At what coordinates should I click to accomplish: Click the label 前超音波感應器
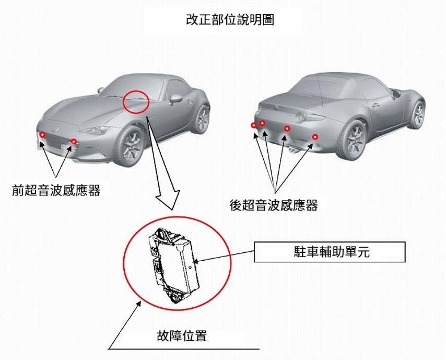(x=56, y=190)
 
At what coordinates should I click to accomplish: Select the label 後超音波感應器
(x=274, y=205)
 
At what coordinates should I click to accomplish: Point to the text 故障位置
(x=182, y=335)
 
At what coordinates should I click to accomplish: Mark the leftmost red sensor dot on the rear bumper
(x=254, y=125)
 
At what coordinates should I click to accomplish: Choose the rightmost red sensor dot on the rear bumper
(x=315, y=137)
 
